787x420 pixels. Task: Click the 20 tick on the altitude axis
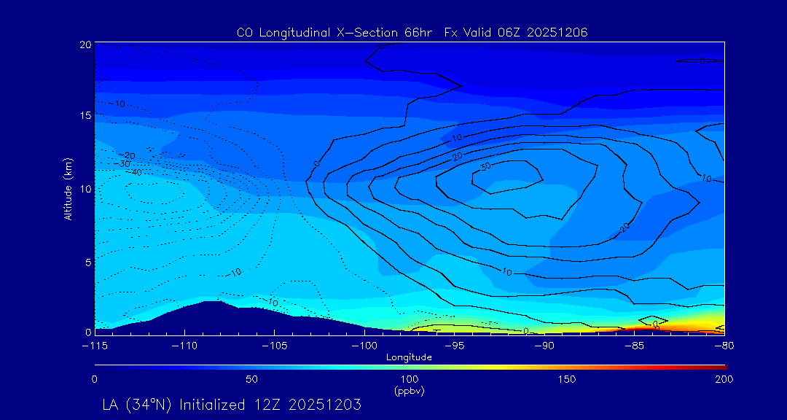click(x=85, y=44)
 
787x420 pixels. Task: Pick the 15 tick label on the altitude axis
click(x=85, y=116)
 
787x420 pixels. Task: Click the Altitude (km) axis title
click(x=68, y=189)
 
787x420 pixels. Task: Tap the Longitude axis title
click(x=410, y=357)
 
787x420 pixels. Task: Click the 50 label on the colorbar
click(x=251, y=379)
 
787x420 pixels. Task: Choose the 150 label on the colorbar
click(x=566, y=379)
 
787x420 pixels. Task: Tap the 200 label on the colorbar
click(x=724, y=379)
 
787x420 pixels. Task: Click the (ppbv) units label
click(x=409, y=390)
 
